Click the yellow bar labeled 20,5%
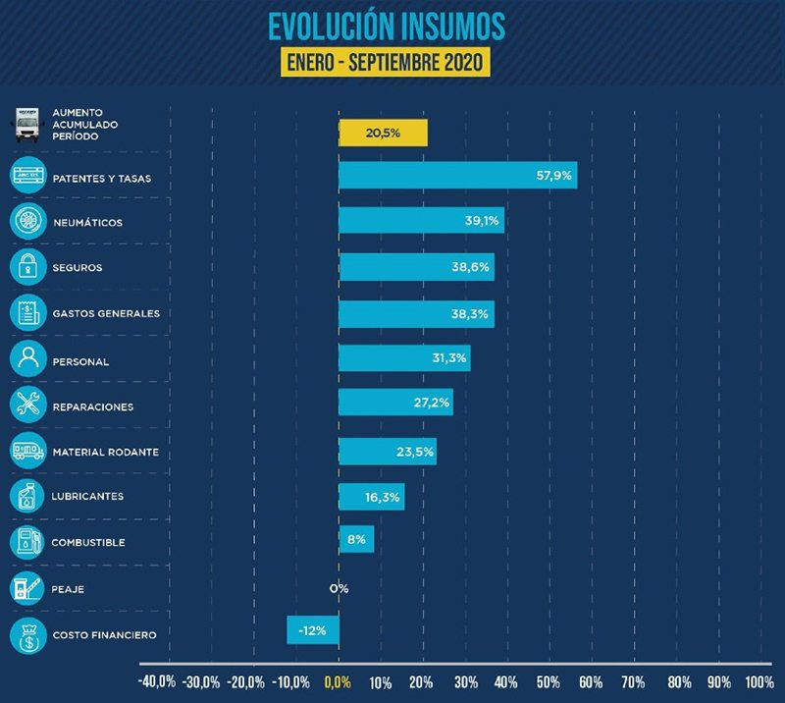(383, 133)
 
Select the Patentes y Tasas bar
(457, 176)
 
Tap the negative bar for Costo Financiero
(313, 629)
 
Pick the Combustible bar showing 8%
(356, 539)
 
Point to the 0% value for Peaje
(339, 588)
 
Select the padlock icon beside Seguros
(27, 266)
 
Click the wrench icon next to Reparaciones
(27, 404)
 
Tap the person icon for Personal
(27, 358)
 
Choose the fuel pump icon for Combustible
(27, 541)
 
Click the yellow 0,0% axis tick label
(338, 681)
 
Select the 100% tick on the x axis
(759, 681)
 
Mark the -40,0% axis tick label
(157, 681)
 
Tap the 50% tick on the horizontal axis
(549, 681)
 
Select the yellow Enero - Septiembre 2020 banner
(386, 61)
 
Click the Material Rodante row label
(105, 452)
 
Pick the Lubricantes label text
(87, 497)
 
